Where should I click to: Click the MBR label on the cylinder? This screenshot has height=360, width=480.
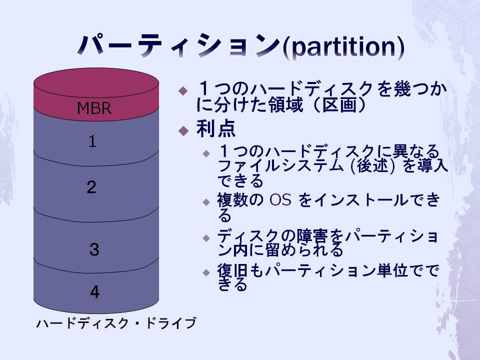94,108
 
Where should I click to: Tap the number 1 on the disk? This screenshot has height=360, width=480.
92,141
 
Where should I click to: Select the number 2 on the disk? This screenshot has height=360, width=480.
91,187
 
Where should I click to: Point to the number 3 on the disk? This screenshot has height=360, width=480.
94,249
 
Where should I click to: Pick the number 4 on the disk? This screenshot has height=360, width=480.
95,291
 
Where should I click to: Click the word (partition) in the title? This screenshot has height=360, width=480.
343,47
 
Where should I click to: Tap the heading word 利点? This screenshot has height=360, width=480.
216,128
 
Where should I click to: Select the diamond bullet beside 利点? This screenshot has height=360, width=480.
183,130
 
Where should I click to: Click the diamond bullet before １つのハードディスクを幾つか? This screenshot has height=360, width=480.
183,90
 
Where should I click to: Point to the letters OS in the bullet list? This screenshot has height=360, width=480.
280,200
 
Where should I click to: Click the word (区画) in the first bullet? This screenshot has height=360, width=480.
338,104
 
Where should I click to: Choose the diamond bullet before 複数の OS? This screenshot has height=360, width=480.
206,202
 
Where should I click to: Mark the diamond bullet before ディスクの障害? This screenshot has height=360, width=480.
206,238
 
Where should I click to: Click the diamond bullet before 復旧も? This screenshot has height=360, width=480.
206,272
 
